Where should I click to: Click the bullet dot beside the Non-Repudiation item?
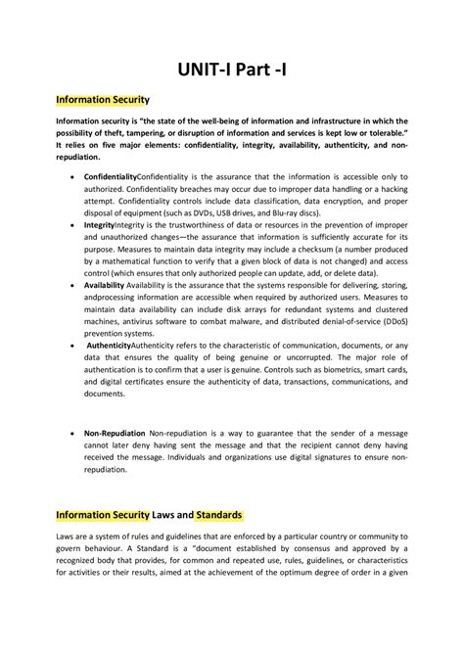point(74,432)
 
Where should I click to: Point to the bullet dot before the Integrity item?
point(74,224)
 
